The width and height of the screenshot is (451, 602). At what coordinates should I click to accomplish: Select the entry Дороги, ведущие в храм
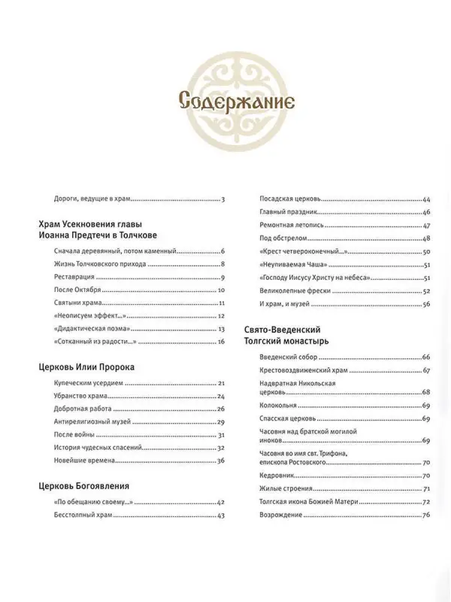(88, 199)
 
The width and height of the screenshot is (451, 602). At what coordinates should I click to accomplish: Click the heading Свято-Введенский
(290, 330)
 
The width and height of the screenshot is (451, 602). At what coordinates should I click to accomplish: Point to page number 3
(224, 199)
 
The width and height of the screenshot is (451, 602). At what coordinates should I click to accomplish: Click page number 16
(222, 342)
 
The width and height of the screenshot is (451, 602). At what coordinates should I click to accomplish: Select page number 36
(222, 461)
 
